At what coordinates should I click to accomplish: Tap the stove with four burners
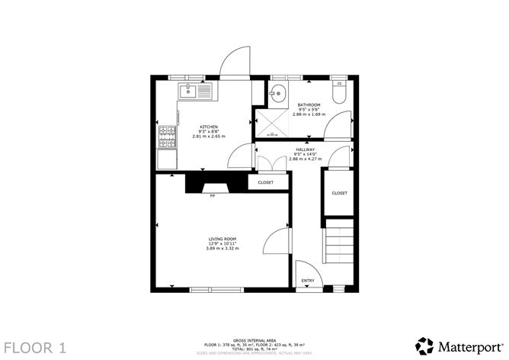pos(166,138)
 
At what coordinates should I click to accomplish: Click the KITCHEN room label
pos(209,127)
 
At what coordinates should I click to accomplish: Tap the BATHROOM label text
pos(309,104)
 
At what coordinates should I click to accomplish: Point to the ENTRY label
pos(308,281)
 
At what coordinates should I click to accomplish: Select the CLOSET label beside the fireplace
pos(266,183)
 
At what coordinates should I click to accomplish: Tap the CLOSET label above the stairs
pos(339,193)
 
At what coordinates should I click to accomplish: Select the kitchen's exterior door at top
pos(235,63)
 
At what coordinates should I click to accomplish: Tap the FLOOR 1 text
pos(35,348)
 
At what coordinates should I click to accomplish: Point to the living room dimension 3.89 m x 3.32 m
pos(223,249)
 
